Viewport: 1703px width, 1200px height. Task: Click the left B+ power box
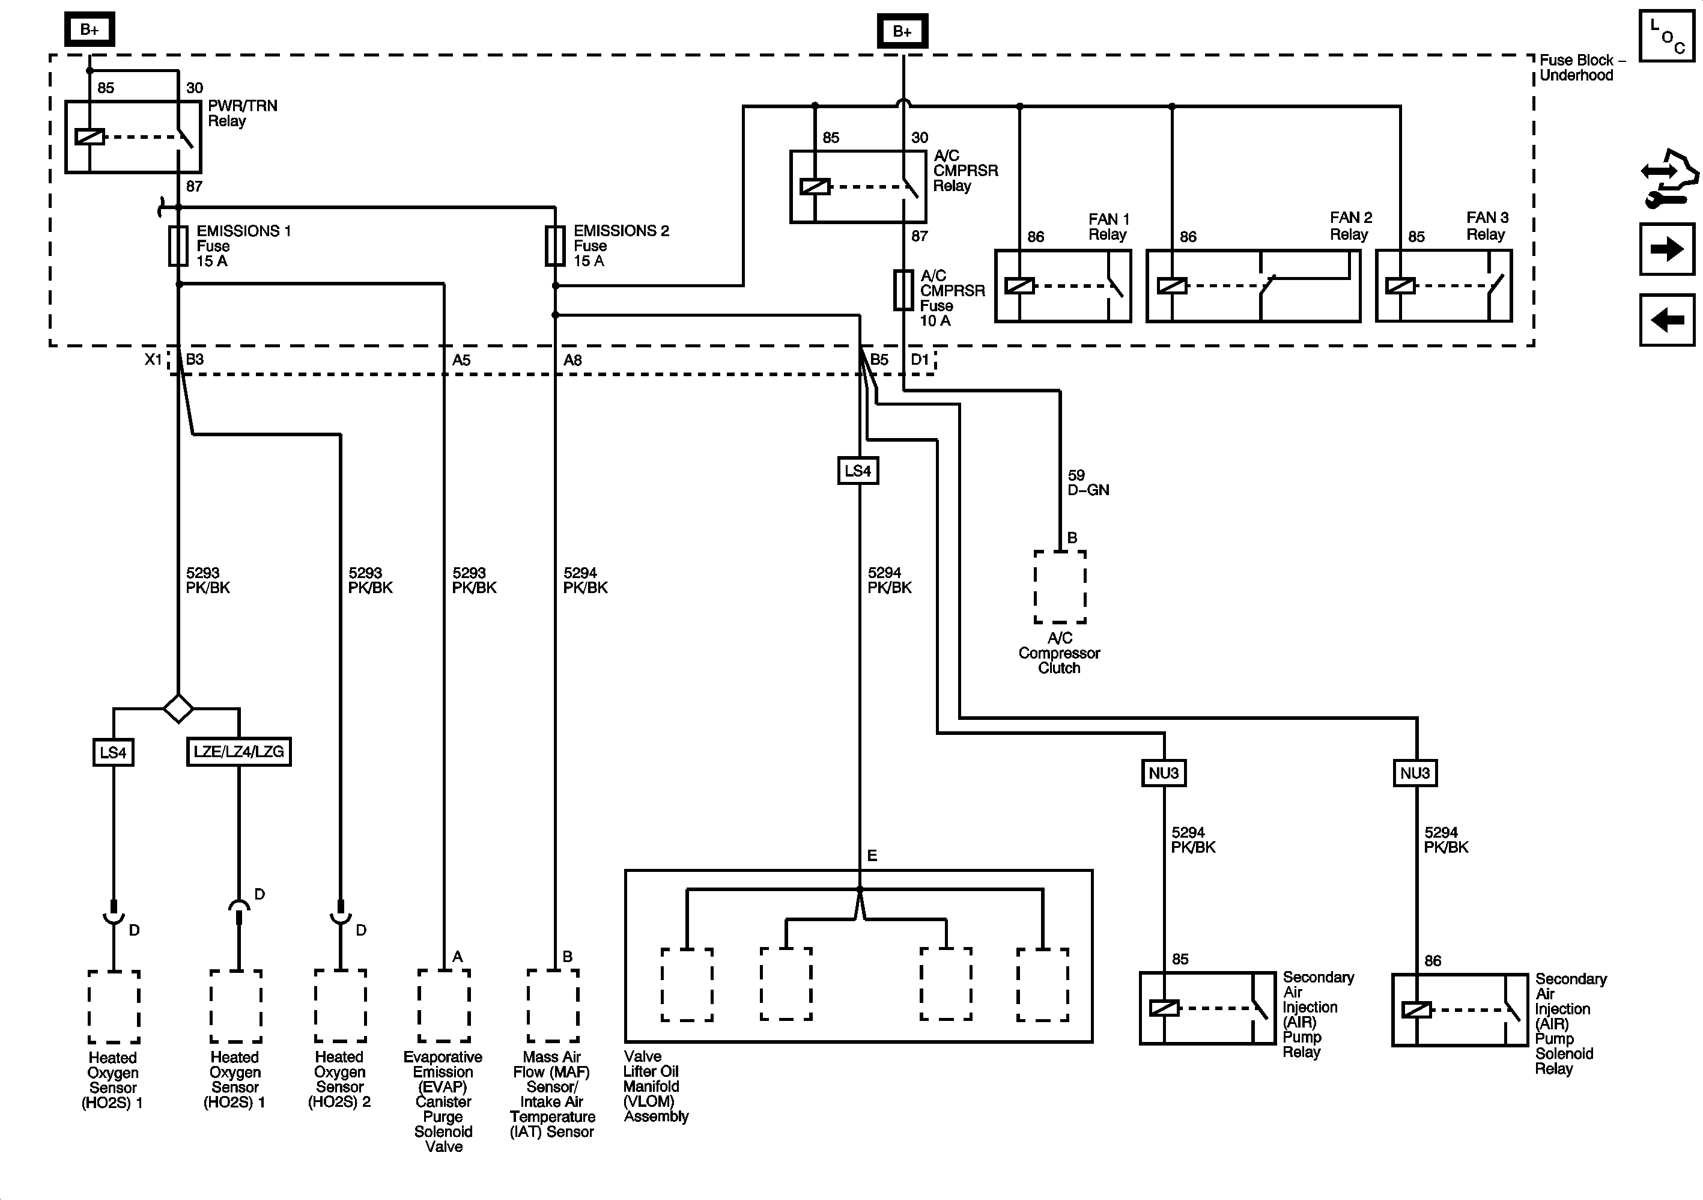click(x=89, y=29)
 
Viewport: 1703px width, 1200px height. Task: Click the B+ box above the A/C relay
click(x=902, y=31)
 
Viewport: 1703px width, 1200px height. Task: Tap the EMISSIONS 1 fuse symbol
click(x=178, y=246)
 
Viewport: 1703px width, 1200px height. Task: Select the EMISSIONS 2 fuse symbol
click(x=555, y=246)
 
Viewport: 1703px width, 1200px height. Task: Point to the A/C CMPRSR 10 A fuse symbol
click(x=903, y=290)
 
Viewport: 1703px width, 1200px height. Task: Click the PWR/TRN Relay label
click(x=242, y=114)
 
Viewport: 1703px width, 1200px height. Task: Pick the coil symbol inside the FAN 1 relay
click(x=1019, y=285)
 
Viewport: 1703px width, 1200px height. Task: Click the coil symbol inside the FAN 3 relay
click(x=1400, y=285)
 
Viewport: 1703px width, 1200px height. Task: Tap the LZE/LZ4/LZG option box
click(x=238, y=752)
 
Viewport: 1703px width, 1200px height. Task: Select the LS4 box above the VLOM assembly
click(x=858, y=471)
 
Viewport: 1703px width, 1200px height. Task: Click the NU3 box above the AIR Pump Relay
click(x=1163, y=773)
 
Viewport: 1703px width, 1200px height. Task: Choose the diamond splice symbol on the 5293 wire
click(x=178, y=708)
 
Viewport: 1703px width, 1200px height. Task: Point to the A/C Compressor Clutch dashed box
click(x=1060, y=587)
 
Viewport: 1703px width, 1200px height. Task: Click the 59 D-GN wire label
click(x=1087, y=483)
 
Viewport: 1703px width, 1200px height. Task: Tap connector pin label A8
click(x=572, y=361)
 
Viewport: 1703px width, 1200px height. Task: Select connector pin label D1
click(x=920, y=360)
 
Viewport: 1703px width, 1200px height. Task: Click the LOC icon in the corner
click(x=1666, y=35)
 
